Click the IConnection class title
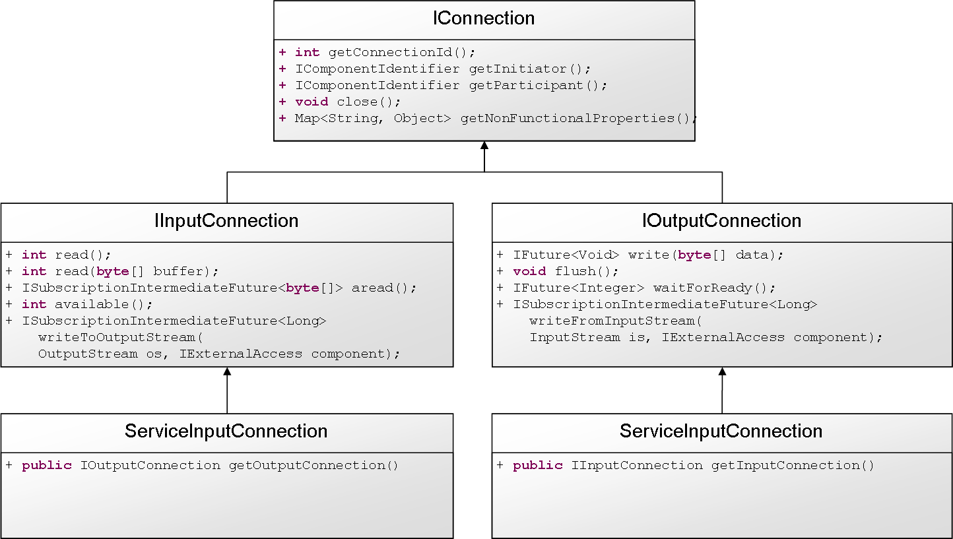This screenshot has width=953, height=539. [484, 18]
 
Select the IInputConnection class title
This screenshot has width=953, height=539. [226, 221]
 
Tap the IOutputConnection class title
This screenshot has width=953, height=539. [721, 221]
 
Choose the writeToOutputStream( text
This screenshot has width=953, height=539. [121, 337]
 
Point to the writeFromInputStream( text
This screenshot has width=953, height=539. [616, 321]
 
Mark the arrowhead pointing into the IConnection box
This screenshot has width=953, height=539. [484, 146]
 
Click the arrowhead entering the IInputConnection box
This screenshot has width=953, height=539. [227, 371]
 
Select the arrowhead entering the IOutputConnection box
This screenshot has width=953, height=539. [723, 371]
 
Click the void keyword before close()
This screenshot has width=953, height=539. [312, 102]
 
